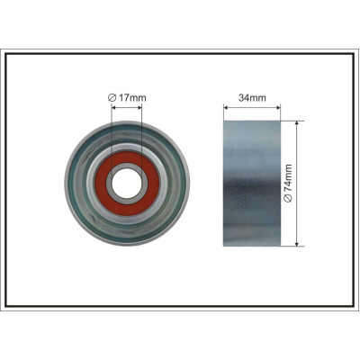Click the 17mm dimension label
coord(132,97)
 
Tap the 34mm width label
coord(252,97)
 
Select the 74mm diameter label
coord(288,179)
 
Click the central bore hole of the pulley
coord(127,183)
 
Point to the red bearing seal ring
coord(102,183)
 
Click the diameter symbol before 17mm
coord(112,97)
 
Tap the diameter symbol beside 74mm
coord(288,199)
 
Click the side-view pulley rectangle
coord(252,184)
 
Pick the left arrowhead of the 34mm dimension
coord(226,107)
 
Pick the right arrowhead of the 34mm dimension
coord(278,107)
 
